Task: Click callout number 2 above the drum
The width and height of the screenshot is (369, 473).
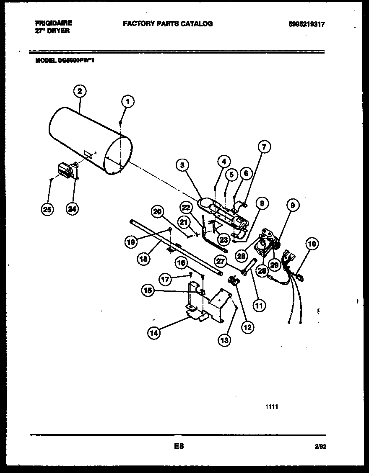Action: (x=80, y=91)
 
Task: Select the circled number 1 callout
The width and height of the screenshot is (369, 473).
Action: (x=128, y=101)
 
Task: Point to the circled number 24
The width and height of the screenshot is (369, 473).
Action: (x=73, y=209)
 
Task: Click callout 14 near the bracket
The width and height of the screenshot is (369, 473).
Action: (x=154, y=333)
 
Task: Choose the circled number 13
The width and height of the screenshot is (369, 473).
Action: (x=224, y=340)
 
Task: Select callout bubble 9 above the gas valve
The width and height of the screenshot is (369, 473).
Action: (x=293, y=205)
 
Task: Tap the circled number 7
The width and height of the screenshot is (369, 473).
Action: (x=264, y=147)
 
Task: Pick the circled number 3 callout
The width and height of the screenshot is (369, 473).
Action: (x=182, y=166)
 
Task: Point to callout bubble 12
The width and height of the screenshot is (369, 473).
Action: (x=247, y=327)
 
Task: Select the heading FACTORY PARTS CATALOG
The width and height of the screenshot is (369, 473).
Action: (x=167, y=24)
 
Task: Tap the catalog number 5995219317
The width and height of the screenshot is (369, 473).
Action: (x=307, y=25)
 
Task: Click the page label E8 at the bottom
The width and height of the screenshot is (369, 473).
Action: (x=179, y=446)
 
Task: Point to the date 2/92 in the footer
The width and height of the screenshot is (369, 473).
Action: (x=320, y=447)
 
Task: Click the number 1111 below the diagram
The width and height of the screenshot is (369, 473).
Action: (x=272, y=406)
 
